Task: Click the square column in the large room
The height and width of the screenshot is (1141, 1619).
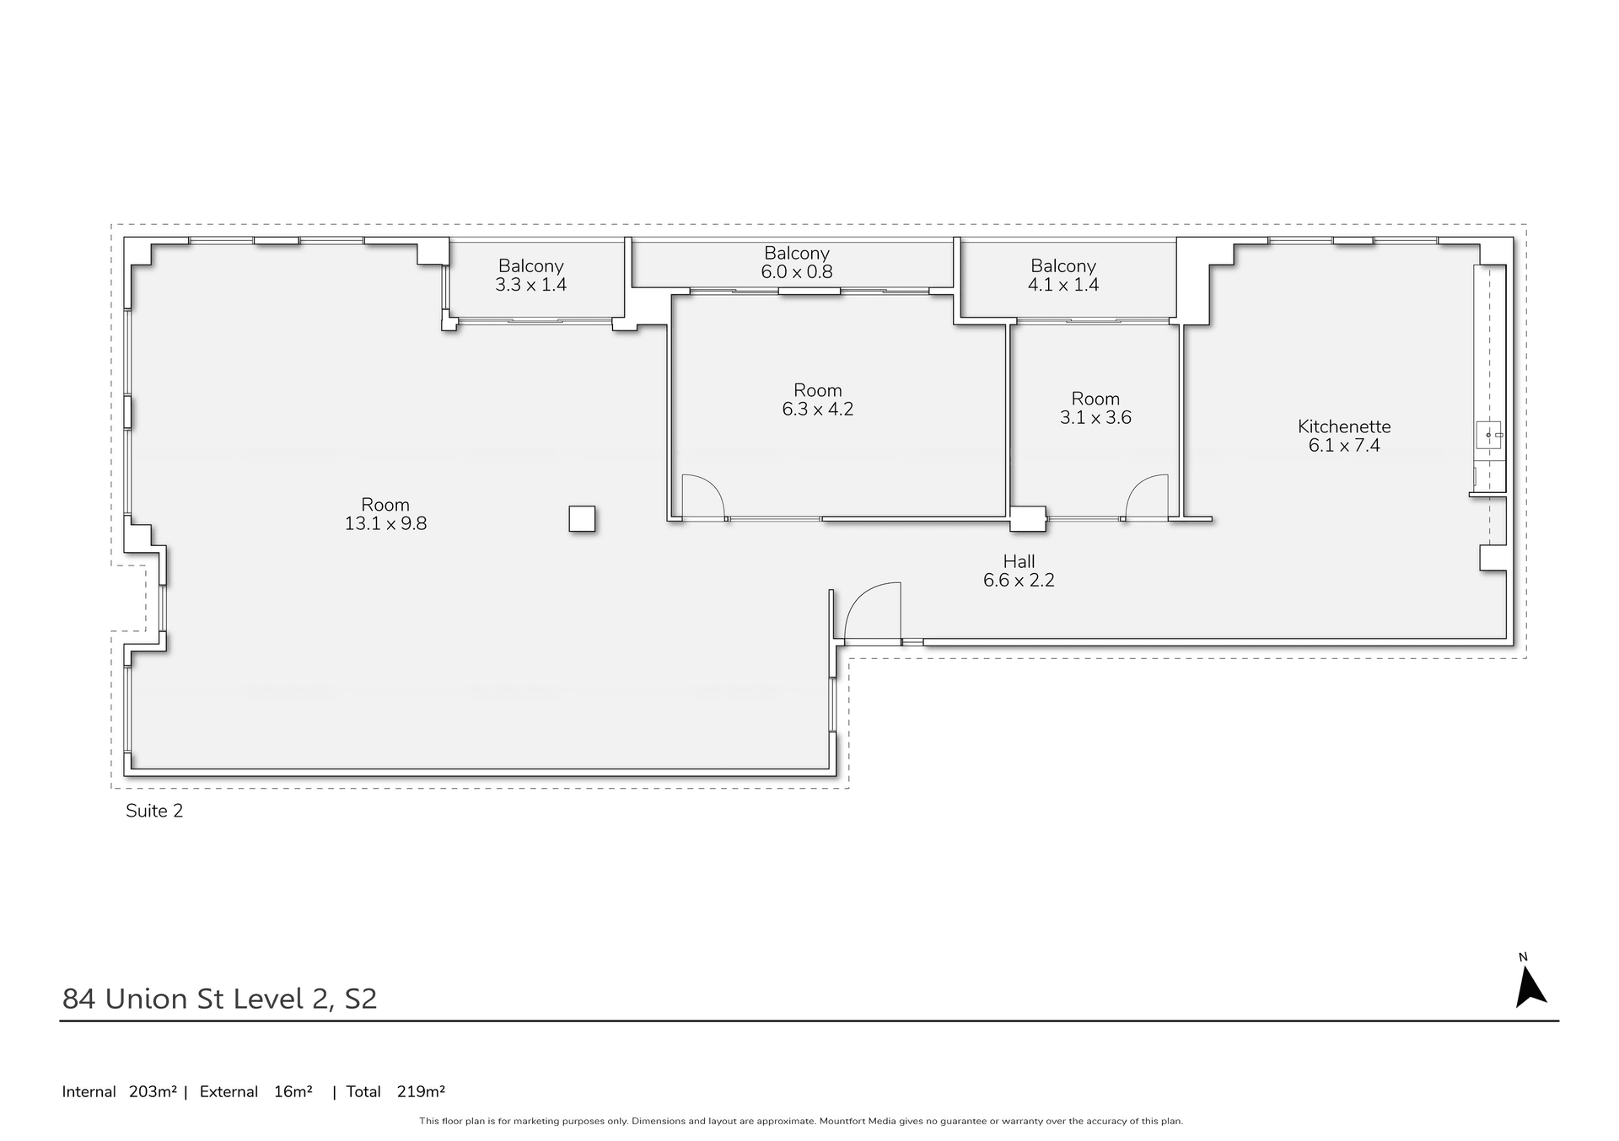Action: (582, 518)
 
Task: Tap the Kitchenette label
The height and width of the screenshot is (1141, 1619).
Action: (1344, 426)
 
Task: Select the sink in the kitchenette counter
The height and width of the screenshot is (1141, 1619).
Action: (1488, 436)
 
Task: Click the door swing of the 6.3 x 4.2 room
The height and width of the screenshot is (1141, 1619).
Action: (702, 496)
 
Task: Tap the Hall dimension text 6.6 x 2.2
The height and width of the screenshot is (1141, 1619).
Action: (1019, 581)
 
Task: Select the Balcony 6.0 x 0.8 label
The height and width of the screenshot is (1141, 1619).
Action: (797, 253)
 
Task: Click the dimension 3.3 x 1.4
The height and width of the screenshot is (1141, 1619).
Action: (530, 285)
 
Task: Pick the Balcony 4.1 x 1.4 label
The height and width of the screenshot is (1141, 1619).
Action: (1062, 265)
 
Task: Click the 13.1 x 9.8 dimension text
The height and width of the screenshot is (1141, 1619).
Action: (385, 524)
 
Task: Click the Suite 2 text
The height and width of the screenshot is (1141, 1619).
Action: (154, 811)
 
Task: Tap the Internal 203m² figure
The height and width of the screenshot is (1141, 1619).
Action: (152, 1092)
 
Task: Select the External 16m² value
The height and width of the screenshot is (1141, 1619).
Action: (293, 1092)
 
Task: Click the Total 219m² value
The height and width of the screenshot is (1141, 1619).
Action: (421, 1092)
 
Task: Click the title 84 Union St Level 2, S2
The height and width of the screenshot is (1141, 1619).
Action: (219, 999)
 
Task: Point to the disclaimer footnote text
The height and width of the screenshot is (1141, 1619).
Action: (801, 1122)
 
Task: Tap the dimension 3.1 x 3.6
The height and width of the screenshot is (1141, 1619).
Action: (1095, 418)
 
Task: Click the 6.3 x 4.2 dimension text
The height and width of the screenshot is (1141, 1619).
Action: (817, 410)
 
